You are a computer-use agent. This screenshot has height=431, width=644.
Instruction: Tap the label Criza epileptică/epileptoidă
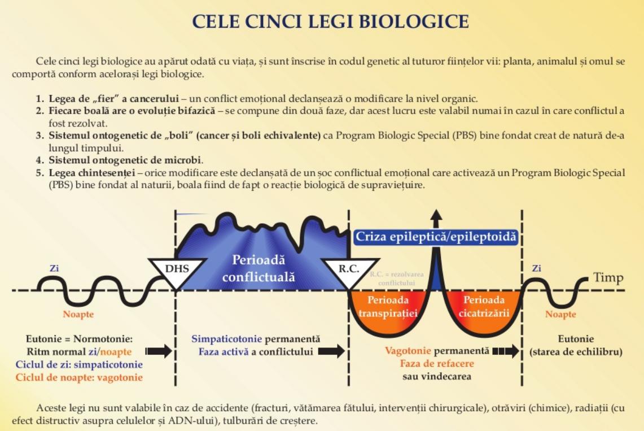(x=436, y=237)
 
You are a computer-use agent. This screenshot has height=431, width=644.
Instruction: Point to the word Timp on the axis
(x=608, y=278)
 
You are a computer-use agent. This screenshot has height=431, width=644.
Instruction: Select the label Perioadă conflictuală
(x=259, y=268)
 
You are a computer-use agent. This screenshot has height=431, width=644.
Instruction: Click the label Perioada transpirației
(x=388, y=307)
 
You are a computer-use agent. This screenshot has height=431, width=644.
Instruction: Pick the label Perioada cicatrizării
(x=484, y=307)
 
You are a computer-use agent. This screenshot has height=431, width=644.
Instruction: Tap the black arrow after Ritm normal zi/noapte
(x=159, y=351)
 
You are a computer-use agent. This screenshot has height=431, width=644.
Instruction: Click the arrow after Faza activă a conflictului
(x=332, y=351)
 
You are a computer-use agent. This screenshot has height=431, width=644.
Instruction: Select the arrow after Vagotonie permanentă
(x=506, y=351)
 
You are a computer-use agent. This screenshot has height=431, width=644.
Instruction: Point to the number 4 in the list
(x=40, y=160)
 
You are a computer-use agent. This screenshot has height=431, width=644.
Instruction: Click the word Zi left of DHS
(x=54, y=268)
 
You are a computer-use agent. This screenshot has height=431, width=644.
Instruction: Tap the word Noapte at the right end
(x=560, y=314)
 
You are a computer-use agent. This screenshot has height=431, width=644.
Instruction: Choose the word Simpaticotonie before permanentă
(x=227, y=339)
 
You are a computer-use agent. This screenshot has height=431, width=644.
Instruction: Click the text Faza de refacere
(x=437, y=364)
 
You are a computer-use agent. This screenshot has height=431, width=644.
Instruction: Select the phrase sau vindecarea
(x=437, y=376)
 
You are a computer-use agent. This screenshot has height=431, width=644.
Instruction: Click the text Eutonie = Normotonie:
(x=79, y=339)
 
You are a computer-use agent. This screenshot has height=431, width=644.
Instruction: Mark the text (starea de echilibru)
(x=576, y=352)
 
